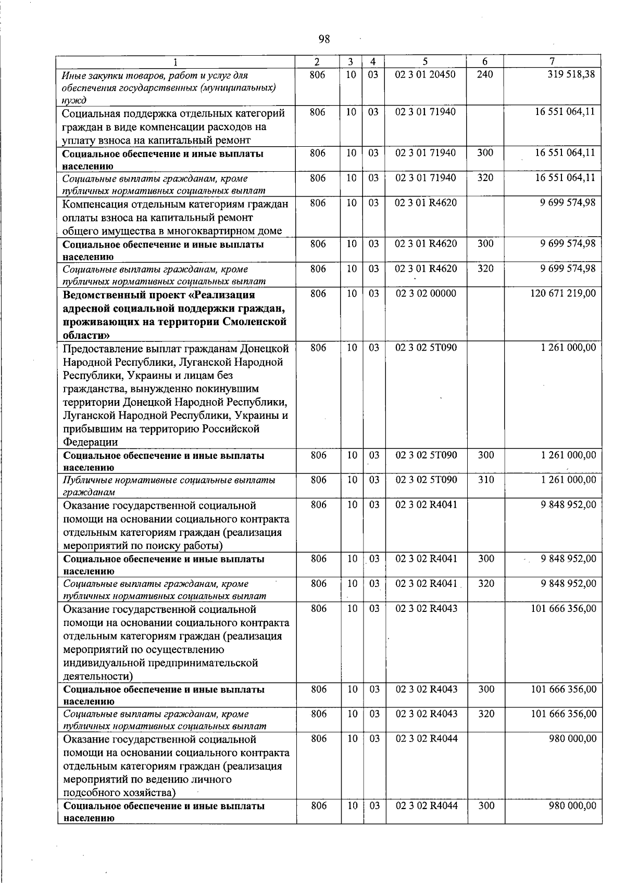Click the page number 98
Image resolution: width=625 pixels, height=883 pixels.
[324, 39]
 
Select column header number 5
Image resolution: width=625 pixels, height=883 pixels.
[426, 61]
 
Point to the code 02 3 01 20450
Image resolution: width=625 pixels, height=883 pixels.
[426, 74]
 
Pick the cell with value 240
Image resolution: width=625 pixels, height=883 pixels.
[485, 74]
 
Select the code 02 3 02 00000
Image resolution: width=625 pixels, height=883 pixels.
[426, 294]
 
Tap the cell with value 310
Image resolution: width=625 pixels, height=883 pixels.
[486, 480]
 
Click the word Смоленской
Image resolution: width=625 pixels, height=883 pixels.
[255, 322]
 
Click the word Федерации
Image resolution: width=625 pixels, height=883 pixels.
[90, 442]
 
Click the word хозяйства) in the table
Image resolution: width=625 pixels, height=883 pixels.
[149, 793]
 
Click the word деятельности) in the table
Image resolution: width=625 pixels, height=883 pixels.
[98, 676]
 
